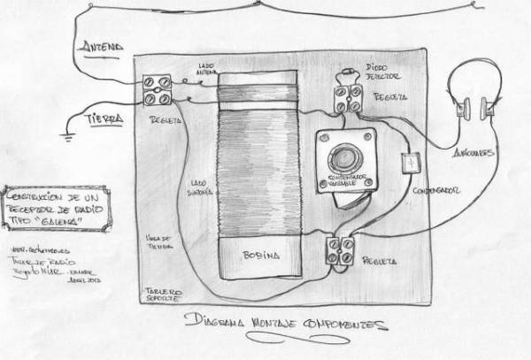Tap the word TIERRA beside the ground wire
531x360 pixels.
tap(103, 117)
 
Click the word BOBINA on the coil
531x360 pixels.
tap(261, 255)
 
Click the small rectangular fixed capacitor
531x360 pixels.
tap(409, 165)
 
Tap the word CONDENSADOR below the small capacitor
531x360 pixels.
tap(434, 190)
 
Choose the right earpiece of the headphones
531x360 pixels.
tap(488, 110)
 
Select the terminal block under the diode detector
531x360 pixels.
tap(346, 98)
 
